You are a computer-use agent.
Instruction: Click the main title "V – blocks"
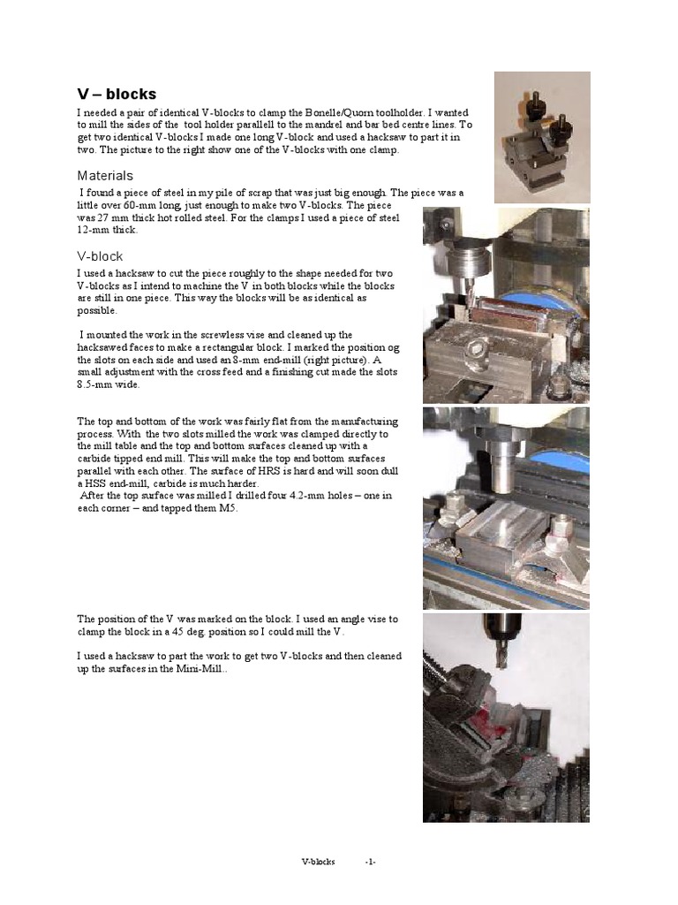(117, 95)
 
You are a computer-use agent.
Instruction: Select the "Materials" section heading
(104, 176)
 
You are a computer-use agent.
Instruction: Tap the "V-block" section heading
(100, 256)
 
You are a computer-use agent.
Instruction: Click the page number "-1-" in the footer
(371, 862)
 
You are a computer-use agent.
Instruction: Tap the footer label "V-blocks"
(318, 862)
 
